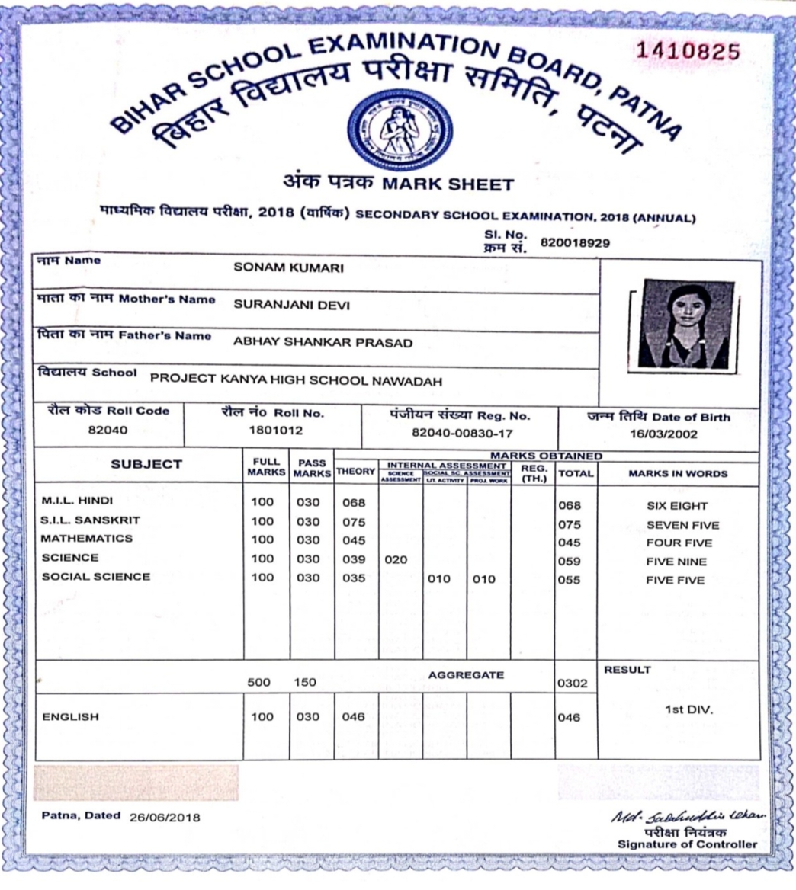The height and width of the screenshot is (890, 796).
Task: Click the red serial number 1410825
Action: click(x=688, y=52)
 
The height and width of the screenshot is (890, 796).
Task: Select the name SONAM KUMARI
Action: click(x=288, y=268)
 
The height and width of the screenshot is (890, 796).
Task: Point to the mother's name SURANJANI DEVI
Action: click(x=291, y=305)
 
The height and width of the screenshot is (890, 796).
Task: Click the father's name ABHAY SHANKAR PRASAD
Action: click(x=323, y=343)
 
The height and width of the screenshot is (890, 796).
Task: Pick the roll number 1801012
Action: click(x=275, y=430)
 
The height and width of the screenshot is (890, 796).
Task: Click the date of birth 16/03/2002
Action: click(x=658, y=434)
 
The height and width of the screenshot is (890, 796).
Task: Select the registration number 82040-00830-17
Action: click(x=461, y=433)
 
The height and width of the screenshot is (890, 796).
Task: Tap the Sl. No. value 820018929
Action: click(x=575, y=242)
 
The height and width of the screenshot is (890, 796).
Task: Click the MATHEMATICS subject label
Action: click(x=86, y=539)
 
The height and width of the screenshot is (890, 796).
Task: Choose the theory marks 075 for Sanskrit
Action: click(x=354, y=523)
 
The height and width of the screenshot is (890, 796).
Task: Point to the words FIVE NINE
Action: click(x=676, y=562)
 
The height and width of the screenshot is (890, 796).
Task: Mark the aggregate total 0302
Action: click(x=573, y=684)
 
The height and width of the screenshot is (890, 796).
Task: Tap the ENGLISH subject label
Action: click(x=70, y=717)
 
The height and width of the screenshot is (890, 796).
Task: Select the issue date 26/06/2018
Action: click(x=165, y=818)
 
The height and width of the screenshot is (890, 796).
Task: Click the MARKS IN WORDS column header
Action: click(x=678, y=473)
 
